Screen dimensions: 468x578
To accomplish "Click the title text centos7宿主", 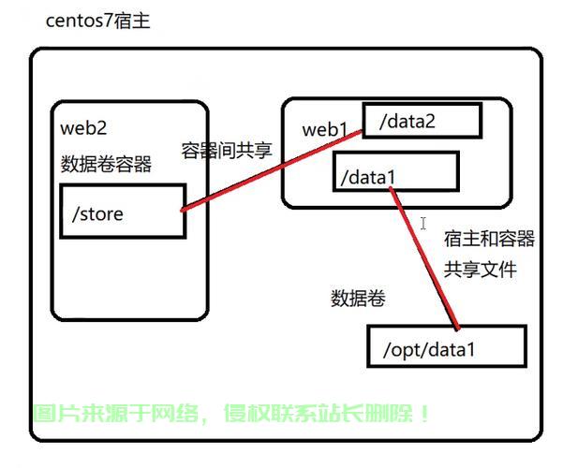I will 97,21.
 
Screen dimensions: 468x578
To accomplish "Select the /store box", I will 121,212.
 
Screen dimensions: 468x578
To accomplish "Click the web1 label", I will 325,129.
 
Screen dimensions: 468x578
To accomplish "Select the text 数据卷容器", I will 106,164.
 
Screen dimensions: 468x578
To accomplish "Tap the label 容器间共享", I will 228,151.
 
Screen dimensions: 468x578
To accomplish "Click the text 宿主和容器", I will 489,239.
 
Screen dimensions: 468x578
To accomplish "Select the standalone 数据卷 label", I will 358,299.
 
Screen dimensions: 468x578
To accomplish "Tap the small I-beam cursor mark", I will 423,224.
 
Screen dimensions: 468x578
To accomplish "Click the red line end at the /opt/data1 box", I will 457,328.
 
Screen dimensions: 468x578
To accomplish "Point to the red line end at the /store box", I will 184,209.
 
